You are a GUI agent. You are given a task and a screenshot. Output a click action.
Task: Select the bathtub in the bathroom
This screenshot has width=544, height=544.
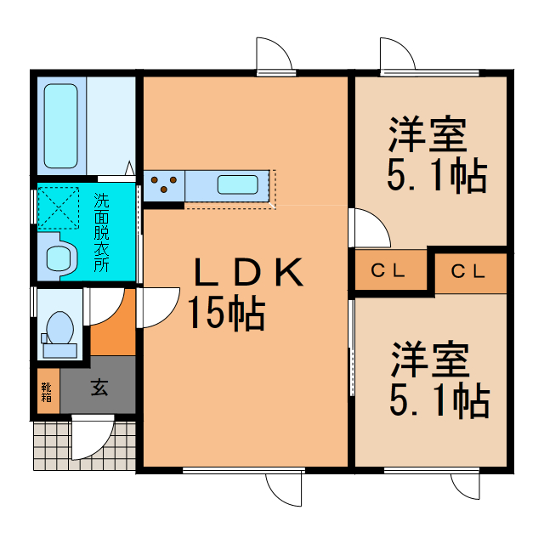click(x=61, y=126)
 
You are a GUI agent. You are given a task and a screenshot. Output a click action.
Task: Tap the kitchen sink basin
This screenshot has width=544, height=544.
click(x=238, y=184)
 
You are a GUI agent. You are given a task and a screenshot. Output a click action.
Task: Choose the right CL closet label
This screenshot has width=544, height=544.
click(x=467, y=272)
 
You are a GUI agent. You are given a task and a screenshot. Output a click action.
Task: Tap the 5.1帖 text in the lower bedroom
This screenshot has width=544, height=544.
click(x=439, y=399)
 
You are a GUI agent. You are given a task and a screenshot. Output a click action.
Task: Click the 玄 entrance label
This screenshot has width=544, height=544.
click(x=99, y=389)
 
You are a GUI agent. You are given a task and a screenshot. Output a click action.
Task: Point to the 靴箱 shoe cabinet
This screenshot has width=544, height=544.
click(x=47, y=392)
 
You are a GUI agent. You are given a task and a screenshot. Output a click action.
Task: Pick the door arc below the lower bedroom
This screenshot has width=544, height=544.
click(x=467, y=484)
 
